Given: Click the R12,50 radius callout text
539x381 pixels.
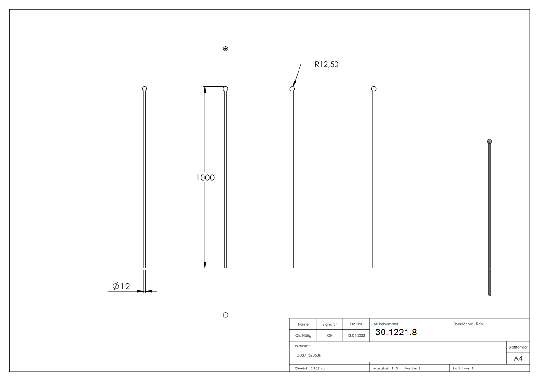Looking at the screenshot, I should pyautogui.click(x=326, y=64).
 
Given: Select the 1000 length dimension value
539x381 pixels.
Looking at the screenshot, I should pyautogui.click(x=205, y=177).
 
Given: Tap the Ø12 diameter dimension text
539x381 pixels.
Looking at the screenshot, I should pyautogui.click(x=121, y=286).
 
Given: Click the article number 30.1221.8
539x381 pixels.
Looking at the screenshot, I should pyautogui.click(x=395, y=333).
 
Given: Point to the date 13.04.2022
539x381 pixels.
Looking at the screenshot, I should pyautogui.click(x=356, y=336).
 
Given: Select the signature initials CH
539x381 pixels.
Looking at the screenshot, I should pyautogui.click(x=329, y=336).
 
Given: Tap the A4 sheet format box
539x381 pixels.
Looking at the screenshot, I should pyautogui.click(x=518, y=358).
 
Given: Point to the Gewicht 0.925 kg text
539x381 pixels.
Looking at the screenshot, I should pyautogui.click(x=310, y=368).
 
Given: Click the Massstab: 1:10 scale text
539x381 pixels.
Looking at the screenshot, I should pyautogui.click(x=385, y=368).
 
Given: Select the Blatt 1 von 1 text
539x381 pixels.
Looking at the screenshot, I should pyautogui.click(x=463, y=368).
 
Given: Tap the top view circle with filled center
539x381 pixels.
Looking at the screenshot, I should pyautogui.click(x=226, y=48).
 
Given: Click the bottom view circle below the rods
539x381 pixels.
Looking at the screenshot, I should pyautogui.click(x=226, y=315).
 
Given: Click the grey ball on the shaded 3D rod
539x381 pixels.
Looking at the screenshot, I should pyautogui.click(x=489, y=141).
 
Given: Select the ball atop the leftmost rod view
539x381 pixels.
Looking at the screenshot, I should pyautogui.click(x=144, y=89).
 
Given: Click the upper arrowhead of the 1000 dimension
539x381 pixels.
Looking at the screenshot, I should pyautogui.click(x=205, y=89).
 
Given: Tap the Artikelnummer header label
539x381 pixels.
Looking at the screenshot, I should pyautogui.click(x=386, y=324).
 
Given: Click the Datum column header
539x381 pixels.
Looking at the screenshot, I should pyautogui.click(x=356, y=324).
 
